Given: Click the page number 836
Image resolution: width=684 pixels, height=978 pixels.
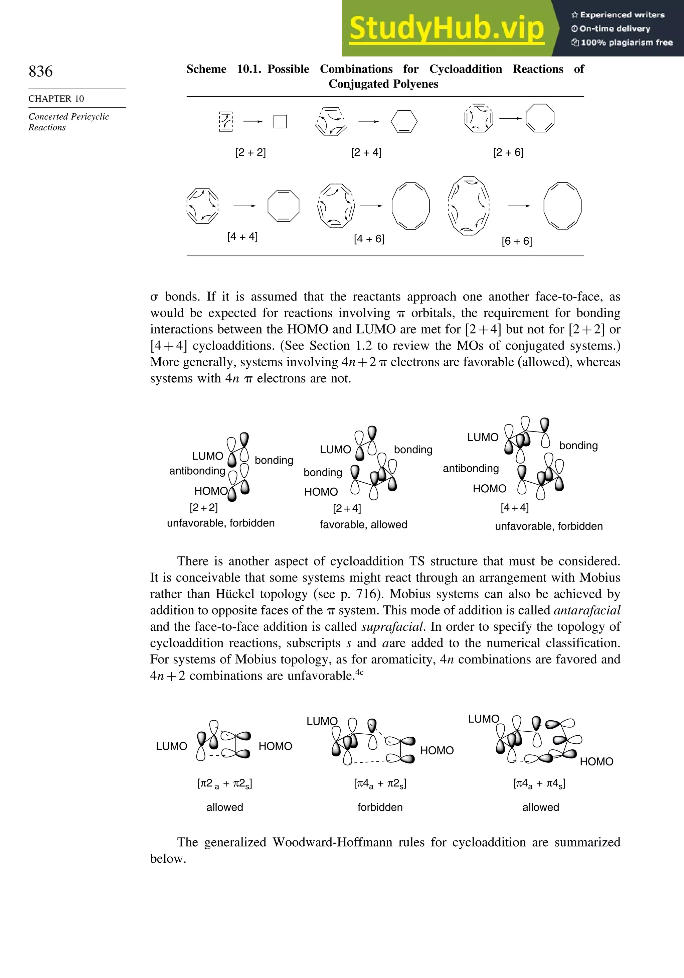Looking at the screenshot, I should [x=41, y=71].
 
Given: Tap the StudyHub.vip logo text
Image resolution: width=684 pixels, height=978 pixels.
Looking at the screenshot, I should [x=447, y=28].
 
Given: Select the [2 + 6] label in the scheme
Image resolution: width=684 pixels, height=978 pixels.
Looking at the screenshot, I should [x=508, y=152].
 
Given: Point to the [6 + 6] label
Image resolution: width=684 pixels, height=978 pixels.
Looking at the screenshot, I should [x=517, y=241].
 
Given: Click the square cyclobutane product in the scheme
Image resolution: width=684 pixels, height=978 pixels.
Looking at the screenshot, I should [x=280, y=122].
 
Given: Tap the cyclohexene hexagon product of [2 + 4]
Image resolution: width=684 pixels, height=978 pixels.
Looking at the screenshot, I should [x=404, y=122].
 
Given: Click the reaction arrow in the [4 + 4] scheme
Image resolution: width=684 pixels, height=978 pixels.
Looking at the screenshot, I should [x=244, y=206].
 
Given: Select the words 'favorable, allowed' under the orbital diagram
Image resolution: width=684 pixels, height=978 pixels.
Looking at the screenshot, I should [x=363, y=524].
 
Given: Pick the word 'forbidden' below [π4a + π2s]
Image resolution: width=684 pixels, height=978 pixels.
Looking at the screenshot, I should [x=380, y=807].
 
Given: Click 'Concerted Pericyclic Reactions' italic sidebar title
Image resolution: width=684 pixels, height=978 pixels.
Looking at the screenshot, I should [x=68, y=122].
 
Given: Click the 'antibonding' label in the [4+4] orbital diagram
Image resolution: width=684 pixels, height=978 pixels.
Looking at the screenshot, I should [x=471, y=469].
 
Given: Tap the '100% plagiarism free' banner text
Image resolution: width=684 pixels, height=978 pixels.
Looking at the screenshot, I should [x=626, y=42].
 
